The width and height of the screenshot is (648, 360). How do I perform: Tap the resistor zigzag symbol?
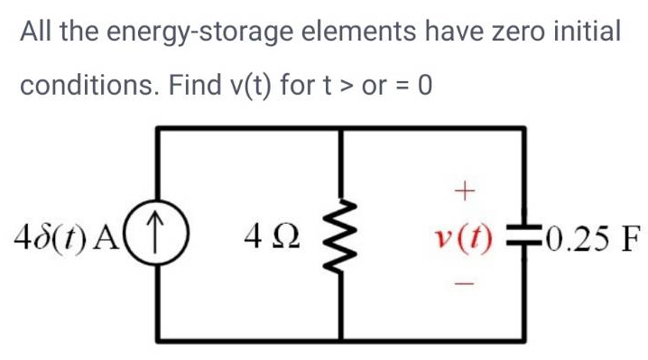[342, 237]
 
